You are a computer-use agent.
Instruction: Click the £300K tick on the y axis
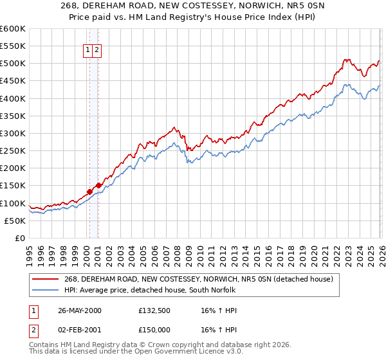click(12, 134)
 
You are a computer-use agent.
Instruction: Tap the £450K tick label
click(12, 81)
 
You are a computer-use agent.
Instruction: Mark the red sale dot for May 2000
click(90, 191)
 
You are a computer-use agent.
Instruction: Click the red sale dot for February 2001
click(98, 185)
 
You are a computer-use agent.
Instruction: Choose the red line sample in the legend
click(46, 279)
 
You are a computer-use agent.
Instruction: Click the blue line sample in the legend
click(46, 290)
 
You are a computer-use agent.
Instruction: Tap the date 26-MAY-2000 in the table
click(80, 310)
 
